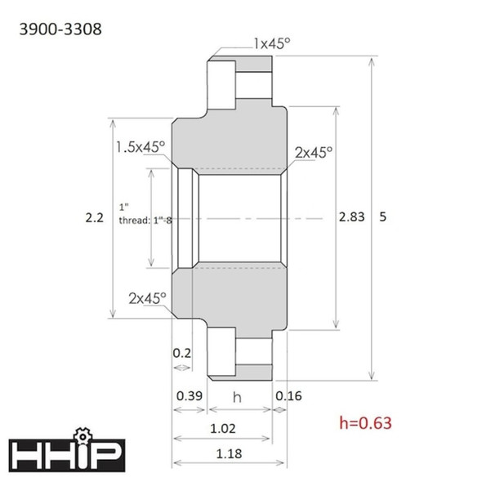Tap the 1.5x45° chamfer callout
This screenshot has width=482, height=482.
[x=140, y=146]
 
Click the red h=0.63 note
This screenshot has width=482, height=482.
[x=366, y=422]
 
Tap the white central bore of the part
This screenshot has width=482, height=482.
[x=237, y=218]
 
